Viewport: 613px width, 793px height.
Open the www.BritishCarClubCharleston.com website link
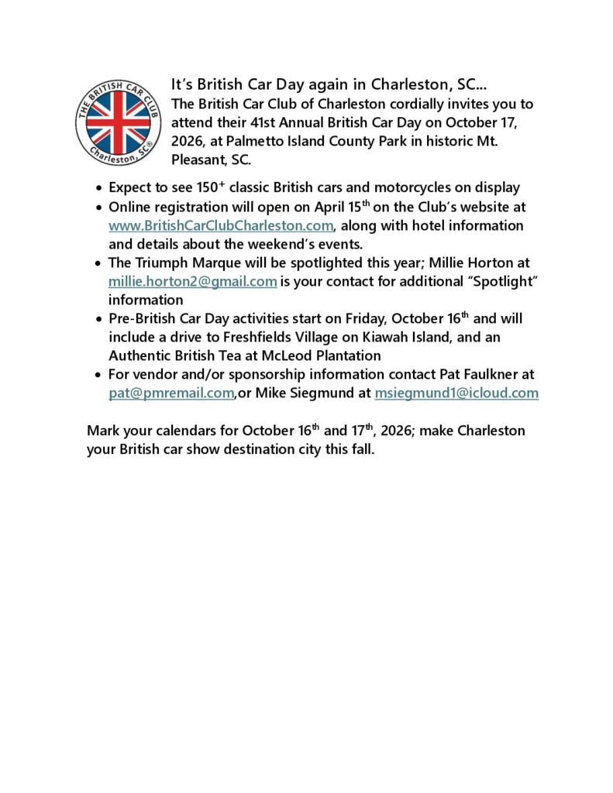click(x=221, y=225)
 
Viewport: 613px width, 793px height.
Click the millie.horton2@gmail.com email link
click(x=193, y=281)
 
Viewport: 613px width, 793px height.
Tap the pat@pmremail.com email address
click(x=171, y=393)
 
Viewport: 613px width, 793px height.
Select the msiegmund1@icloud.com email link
click(x=456, y=393)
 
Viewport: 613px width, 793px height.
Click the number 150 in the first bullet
click(x=191, y=187)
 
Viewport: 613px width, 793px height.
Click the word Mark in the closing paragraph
click(x=103, y=430)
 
